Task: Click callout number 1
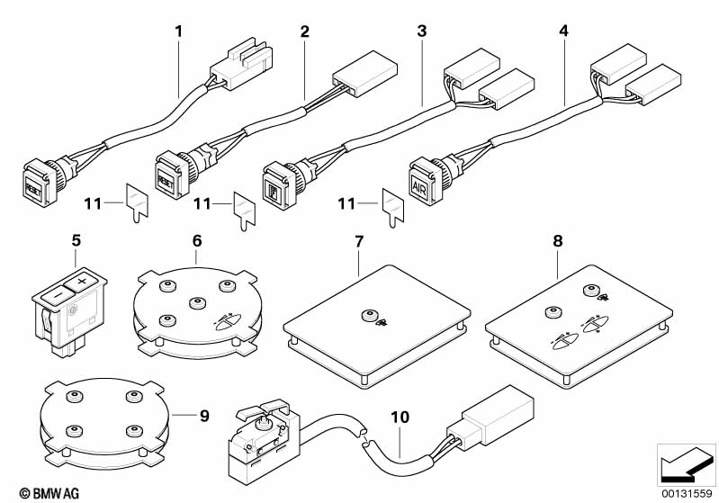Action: pos(178,31)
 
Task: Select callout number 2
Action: pos(304,31)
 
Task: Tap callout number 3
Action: pos(421,31)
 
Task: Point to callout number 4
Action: pos(563,31)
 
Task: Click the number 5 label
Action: pos(76,241)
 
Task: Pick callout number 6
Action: pos(196,241)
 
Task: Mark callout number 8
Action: pos(557,241)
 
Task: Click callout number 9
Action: pos(204,416)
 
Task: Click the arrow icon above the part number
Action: pos(686,465)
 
